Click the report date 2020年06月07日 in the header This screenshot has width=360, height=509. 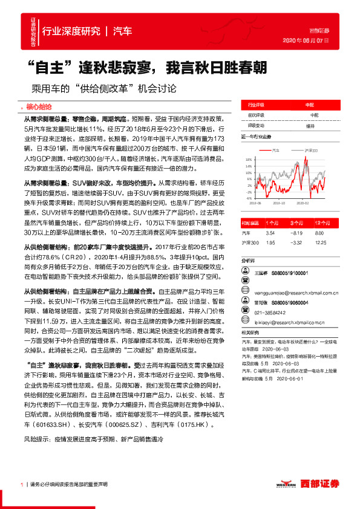click(306, 41)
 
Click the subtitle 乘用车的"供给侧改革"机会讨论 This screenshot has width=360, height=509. click(99, 88)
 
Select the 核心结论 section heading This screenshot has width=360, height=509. click(40, 106)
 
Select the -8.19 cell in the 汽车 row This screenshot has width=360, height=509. click(296, 232)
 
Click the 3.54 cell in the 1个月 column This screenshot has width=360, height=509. click(270, 232)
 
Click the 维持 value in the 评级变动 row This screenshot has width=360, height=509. click(310, 126)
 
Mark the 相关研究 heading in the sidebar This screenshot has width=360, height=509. click(250, 332)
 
